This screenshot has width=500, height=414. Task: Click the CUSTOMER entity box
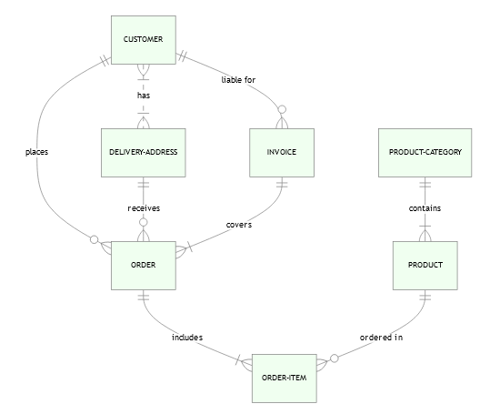tap(144, 40)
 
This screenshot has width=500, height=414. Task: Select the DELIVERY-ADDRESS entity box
tap(144, 153)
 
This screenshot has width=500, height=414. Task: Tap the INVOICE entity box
tap(282, 153)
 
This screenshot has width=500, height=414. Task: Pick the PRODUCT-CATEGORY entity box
tap(425, 153)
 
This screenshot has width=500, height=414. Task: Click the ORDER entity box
tap(144, 266)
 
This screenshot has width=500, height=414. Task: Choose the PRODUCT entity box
tap(425, 266)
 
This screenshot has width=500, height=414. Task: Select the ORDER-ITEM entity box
tap(285, 379)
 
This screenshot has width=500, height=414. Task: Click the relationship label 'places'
tap(36, 152)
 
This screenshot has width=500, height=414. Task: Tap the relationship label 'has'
tap(144, 96)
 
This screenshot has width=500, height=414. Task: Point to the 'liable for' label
tap(238, 80)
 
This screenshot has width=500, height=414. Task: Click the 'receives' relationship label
tap(144, 208)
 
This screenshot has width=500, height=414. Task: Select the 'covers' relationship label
tap(239, 225)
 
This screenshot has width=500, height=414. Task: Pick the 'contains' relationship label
tap(425, 208)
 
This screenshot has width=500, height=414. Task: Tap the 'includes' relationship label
tap(187, 338)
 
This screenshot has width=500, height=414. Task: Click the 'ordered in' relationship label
tap(381, 338)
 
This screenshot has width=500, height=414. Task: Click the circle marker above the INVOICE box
tap(282, 110)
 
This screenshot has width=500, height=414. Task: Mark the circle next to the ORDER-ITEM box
tap(335, 358)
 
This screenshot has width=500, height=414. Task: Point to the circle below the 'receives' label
tap(144, 223)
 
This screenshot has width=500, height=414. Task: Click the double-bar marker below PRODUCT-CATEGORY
tap(425, 184)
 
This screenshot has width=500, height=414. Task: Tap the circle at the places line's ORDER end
tap(94, 239)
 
